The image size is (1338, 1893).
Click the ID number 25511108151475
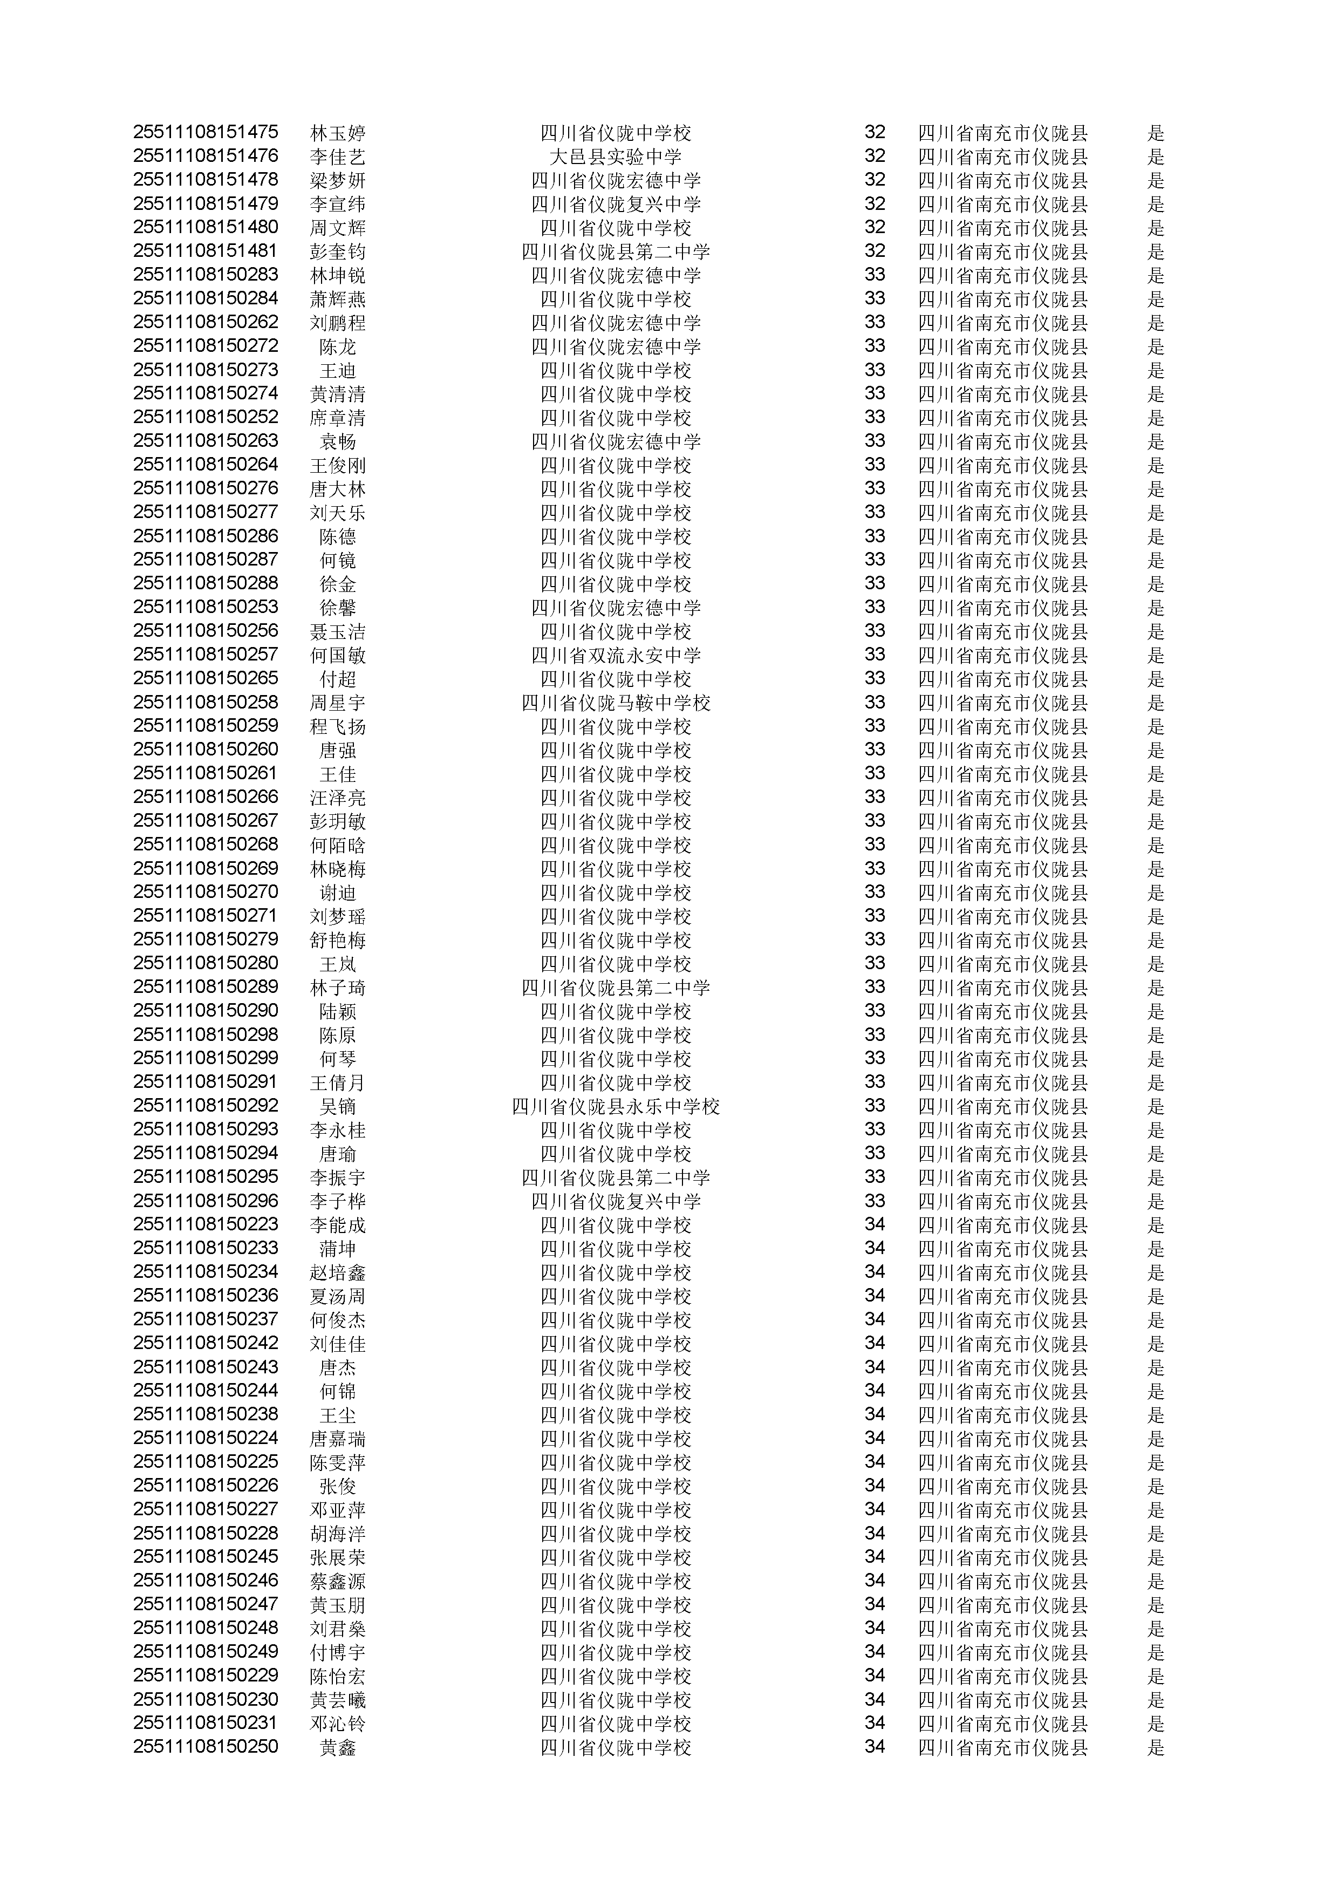(x=205, y=132)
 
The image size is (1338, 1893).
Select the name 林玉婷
(x=337, y=133)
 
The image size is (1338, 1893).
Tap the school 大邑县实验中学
(x=616, y=156)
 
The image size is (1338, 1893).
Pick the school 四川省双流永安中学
(x=616, y=656)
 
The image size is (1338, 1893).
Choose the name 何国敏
(x=337, y=656)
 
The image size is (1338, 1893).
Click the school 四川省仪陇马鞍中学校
(x=616, y=703)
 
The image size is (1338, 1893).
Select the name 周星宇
(x=337, y=703)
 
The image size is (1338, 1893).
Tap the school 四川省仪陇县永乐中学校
(x=616, y=1106)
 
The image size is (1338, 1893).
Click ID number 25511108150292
(x=205, y=1106)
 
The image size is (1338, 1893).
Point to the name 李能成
(x=337, y=1225)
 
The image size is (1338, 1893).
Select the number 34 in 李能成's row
(x=875, y=1224)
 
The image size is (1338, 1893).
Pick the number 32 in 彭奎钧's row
(x=875, y=250)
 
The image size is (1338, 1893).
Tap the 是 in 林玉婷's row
(x=1156, y=133)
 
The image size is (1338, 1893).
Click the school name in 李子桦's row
(x=616, y=1201)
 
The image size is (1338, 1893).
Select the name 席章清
(x=337, y=418)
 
